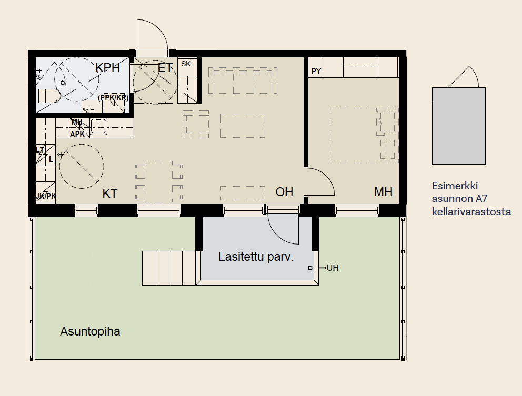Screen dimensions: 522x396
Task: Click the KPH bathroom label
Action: coord(107,68)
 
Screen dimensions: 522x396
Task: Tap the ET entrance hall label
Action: coord(165,68)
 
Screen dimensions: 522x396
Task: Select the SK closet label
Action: coord(186,64)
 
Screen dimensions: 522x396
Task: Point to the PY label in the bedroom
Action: coord(316,71)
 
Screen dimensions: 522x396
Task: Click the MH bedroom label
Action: coord(383,191)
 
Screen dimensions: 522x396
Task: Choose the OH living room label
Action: coord(284,191)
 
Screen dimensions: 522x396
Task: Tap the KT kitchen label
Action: coord(110,194)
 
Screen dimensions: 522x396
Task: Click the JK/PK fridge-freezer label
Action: coord(46,196)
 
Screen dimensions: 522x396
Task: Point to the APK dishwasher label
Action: coord(77,134)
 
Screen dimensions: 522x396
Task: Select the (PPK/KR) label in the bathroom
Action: coord(113,98)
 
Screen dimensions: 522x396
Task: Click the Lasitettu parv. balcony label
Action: coord(256,257)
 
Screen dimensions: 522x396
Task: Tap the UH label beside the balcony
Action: coord(332,268)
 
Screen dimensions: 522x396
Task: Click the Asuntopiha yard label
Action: coord(90,331)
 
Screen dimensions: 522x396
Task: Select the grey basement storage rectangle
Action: coord(459,126)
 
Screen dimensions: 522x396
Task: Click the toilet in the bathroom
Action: coord(49,96)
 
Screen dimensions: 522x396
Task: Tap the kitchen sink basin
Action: coord(98,126)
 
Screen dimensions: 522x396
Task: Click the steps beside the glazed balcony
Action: coord(169,268)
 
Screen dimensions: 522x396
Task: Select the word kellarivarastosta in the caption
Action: coord(471,211)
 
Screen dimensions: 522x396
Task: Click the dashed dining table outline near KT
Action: coord(159,181)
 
